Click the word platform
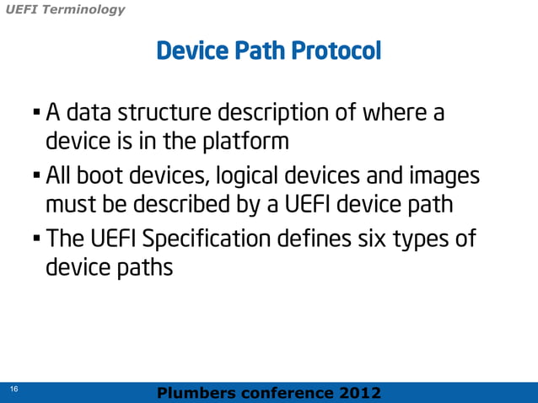tap(249, 142)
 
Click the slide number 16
tap(13, 389)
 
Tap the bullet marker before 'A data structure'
tap(36, 112)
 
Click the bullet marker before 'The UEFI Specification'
tap(36, 239)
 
